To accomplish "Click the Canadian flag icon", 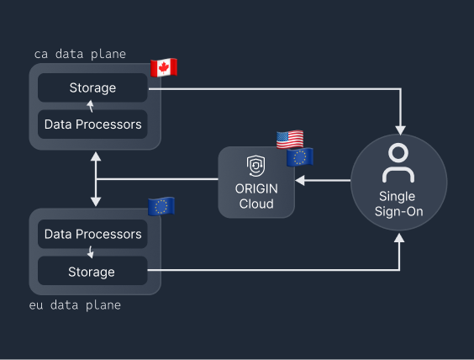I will [164, 67].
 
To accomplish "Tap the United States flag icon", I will [290, 140].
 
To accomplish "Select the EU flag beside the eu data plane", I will [161, 206].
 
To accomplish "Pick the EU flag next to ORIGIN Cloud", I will [300, 156].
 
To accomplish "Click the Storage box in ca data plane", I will [93, 87].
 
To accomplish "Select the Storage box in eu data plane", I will [93, 272].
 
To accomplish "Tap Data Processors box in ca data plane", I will [93, 125].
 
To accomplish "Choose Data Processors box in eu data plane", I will [93, 234].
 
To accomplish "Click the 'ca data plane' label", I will [80, 54].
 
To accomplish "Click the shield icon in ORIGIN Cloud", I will [256, 165].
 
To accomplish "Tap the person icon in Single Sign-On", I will [398, 163].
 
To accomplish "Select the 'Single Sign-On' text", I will [398, 204].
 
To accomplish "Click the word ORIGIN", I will [256, 189].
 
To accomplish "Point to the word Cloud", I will [256, 204].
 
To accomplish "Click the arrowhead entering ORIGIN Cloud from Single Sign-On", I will [300, 180].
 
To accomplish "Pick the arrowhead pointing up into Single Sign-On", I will [401, 239].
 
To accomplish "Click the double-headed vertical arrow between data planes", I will [96, 179].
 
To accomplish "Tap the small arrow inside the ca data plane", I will [92, 106].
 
